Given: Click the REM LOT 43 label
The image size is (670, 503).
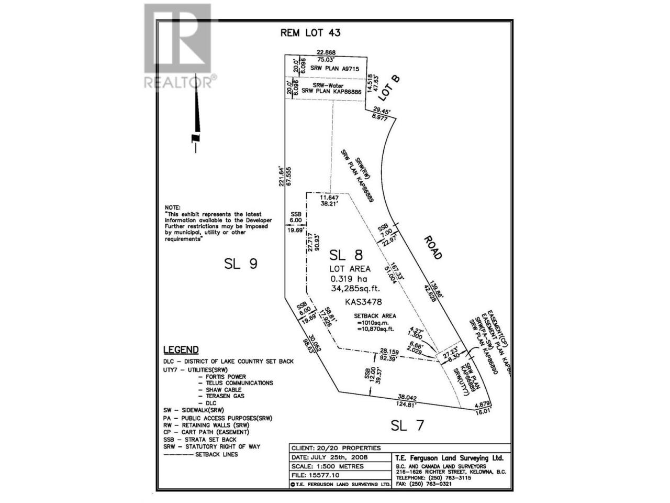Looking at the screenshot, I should coord(310,33).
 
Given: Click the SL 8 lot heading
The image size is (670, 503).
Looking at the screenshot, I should coord(346,255).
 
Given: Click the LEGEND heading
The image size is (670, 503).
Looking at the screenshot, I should coord(181,350).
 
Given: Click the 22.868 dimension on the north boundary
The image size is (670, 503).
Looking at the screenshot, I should coord(326,52).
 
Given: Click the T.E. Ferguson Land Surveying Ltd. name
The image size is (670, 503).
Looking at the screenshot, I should coord(449,457).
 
